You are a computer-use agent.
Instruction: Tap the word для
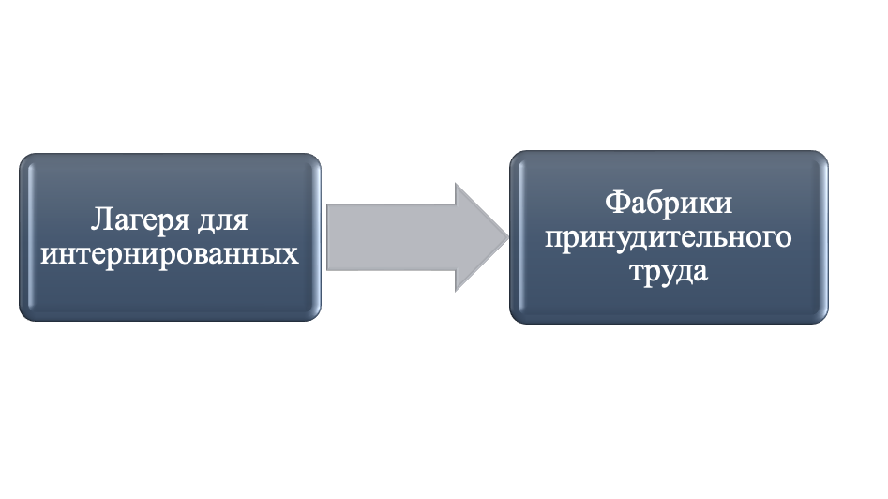coord(222,220)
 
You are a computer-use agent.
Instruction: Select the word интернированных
coord(170,254)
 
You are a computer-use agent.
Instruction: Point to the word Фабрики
coord(669,203)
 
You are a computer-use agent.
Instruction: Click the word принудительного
coord(669,236)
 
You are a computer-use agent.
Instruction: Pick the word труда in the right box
coord(669,271)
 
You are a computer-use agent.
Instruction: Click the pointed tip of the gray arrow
coord(508,237)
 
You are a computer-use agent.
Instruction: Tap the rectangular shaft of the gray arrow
coord(391,237)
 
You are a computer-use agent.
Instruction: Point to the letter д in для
coord(205,222)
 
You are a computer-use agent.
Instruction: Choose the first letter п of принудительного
coord(553,241)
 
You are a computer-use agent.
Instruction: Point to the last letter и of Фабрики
coord(724,205)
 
